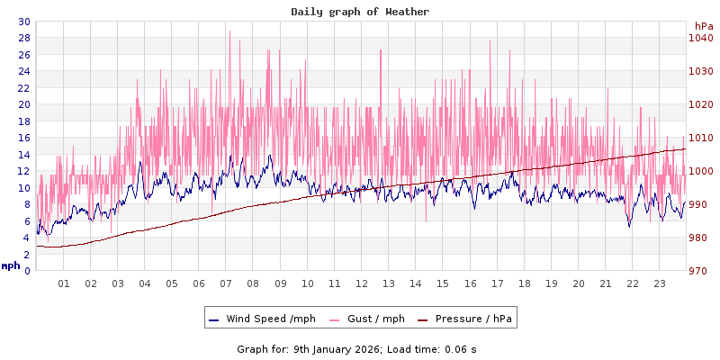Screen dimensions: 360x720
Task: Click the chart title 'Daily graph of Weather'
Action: click(360, 12)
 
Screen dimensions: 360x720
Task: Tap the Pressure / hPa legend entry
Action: click(472, 319)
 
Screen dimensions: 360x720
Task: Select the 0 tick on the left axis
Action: click(26, 271)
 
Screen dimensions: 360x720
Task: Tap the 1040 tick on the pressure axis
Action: click(701, 38)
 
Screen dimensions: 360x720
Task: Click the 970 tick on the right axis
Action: click(701, 271)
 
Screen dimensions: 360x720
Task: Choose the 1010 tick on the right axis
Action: click(701, 138)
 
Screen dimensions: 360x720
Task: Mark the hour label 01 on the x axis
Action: click(64, 283)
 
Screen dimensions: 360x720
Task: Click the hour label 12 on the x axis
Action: click(362, 283)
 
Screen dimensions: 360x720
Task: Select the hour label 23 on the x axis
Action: click(659, 283)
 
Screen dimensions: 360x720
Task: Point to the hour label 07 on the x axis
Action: click(226, 283)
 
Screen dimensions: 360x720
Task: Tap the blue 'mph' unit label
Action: click(11, 265)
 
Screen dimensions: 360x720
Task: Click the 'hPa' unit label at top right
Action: click(703, 26)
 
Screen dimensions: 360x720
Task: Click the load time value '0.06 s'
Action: click(461, 348)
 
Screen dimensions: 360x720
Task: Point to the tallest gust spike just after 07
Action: click(229, 32)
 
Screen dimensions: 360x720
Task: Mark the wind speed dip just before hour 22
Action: click(629, 226)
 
